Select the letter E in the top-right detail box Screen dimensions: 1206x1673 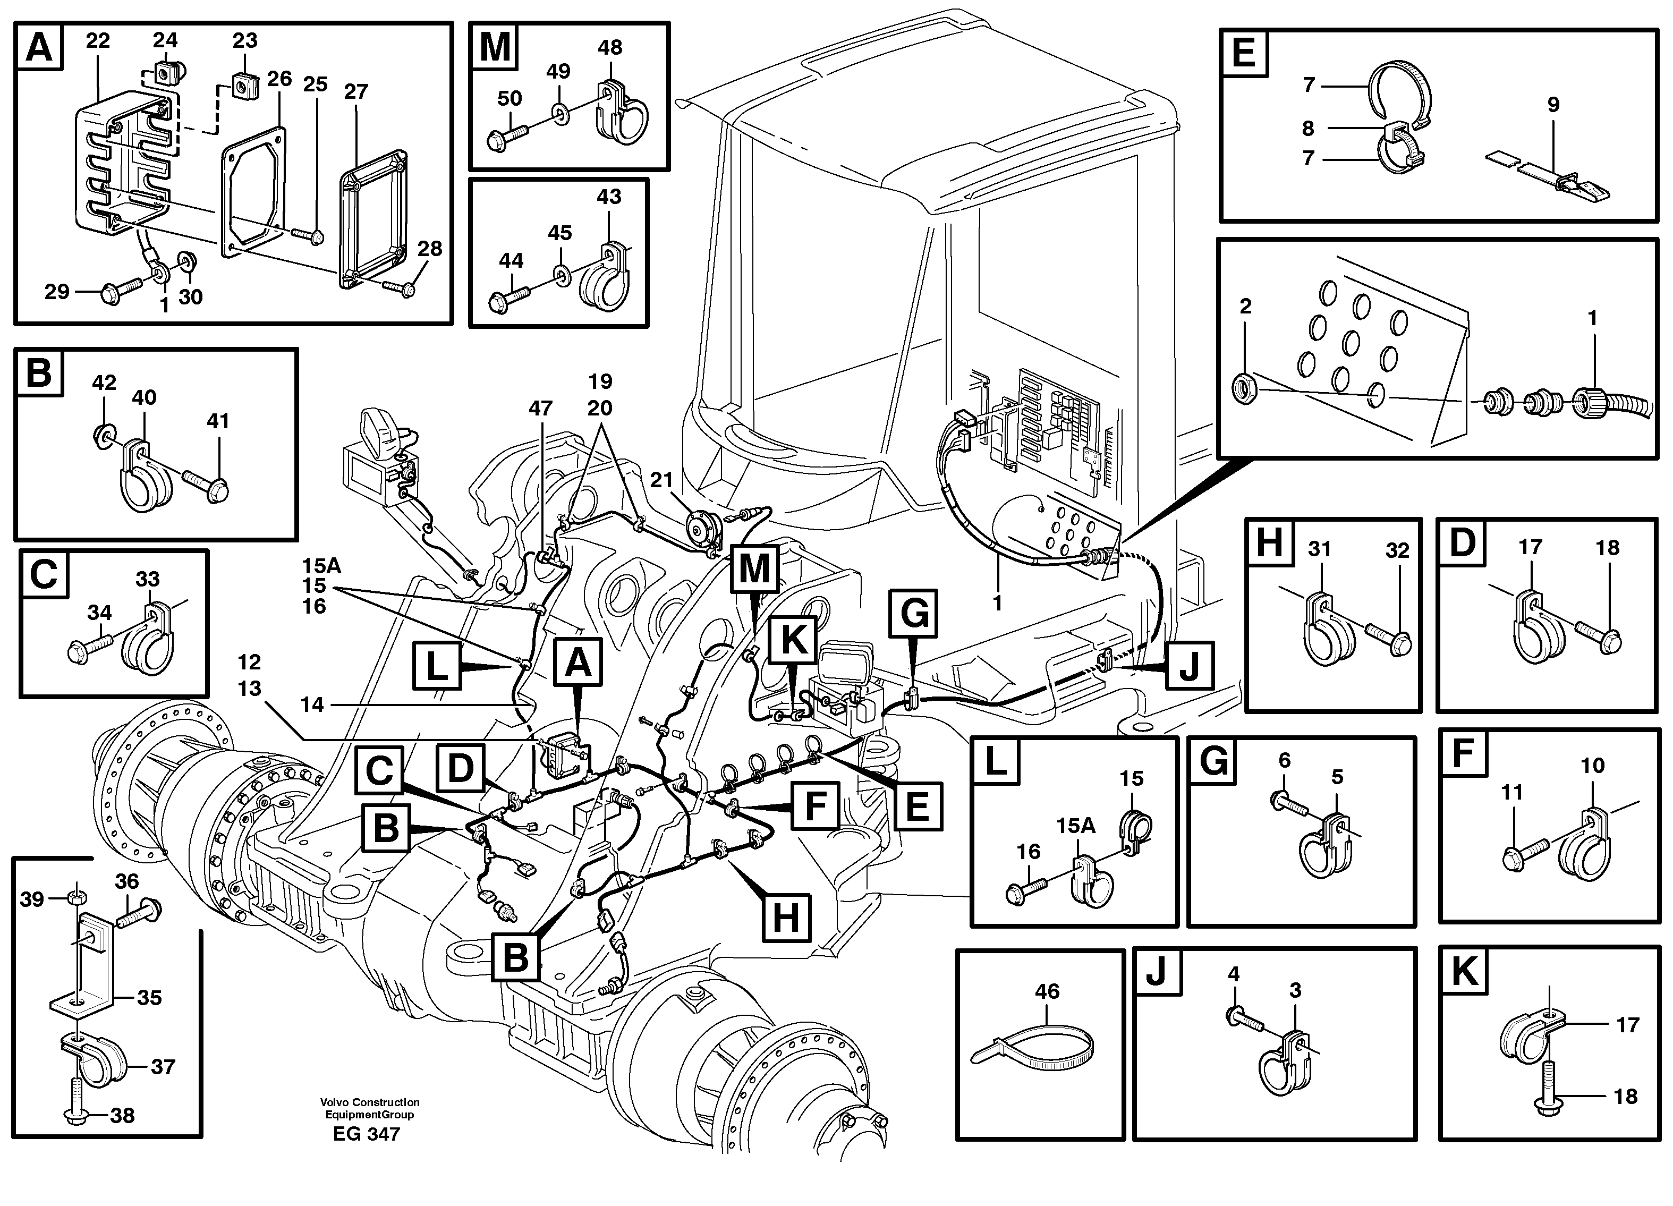pos(1244,53)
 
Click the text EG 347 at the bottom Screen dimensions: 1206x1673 pos(366,1134)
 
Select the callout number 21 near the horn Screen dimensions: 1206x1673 pos(661,480)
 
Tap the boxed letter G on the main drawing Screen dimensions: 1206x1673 pos(914,613)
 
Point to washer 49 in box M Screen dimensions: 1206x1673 pos(562,113)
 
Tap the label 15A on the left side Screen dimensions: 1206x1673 pos(321,566)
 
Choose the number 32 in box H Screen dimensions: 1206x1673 pos(1397,550)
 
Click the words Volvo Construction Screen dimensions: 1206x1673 pos(369,1102)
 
